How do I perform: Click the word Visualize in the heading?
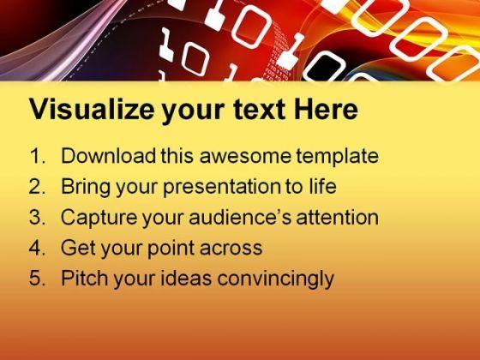click(92, 109)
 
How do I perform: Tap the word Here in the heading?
click(326, 109)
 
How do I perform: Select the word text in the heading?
click(259, 110)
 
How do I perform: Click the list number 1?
click(37, 156)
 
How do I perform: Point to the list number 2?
click(37, 187)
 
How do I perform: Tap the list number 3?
click(37, 218)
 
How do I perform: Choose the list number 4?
click(37, 248)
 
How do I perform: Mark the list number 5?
click(37, 279)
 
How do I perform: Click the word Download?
click(109, 156)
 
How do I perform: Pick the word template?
click(337, 157)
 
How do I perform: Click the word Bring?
click(86, 188)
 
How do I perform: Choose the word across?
click(231, 249)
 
